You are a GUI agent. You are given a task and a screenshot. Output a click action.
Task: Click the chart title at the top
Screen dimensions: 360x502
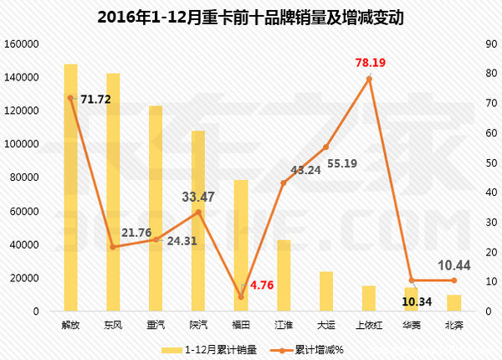tap(251, 17)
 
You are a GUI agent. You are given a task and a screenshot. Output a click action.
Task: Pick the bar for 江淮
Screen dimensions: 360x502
tap(284, 276)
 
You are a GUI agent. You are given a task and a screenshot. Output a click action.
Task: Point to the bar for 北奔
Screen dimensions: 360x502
tap(453, 303)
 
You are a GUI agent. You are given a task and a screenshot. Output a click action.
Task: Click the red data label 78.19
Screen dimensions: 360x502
tap(369, 63)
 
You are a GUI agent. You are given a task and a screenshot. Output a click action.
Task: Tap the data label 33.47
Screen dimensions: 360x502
tap(199, 198)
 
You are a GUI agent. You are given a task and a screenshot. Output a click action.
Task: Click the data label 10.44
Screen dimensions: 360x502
tap(456, 265)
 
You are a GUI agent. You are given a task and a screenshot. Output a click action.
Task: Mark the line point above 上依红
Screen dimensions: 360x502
tap(369, 79)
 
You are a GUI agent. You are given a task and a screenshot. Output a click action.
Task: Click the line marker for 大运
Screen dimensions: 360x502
tap(326, 147)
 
